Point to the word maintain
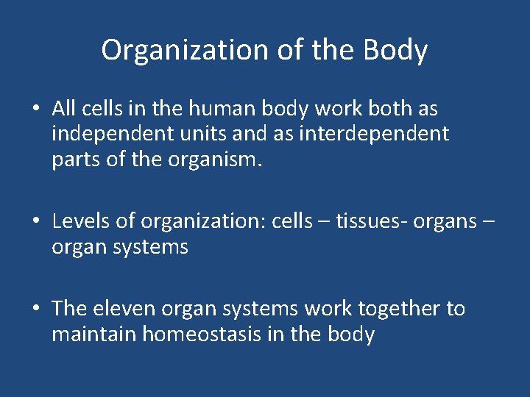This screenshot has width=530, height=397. (x=93, y=335)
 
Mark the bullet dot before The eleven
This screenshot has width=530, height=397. (x=35, y=310)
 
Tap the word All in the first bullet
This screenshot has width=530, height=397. (x=63, y=110)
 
